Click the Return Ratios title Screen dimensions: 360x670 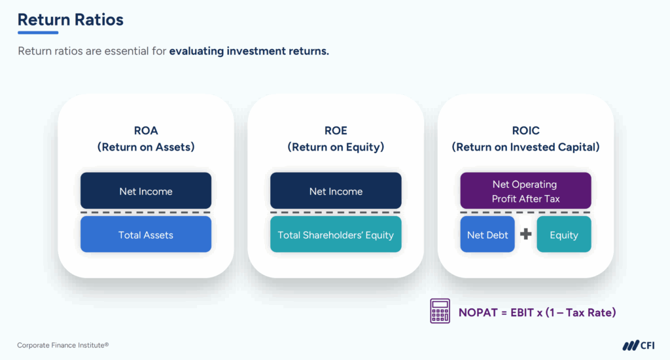70,20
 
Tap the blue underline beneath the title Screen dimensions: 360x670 37,33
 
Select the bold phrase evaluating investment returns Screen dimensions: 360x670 249,51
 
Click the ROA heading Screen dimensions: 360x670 145,130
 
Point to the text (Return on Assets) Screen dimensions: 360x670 145,147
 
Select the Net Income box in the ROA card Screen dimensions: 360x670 145,191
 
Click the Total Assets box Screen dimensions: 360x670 145,235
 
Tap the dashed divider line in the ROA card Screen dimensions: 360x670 145,213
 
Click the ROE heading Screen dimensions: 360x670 335,130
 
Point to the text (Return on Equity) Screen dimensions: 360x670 335,147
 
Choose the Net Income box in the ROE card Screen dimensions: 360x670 335,191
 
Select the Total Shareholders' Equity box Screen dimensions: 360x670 335,235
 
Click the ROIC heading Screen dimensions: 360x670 525,130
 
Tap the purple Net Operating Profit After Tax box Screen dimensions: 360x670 525,191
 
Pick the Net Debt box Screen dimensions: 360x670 487,235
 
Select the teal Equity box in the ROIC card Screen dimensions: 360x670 563,235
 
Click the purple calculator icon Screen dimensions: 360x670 440,312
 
